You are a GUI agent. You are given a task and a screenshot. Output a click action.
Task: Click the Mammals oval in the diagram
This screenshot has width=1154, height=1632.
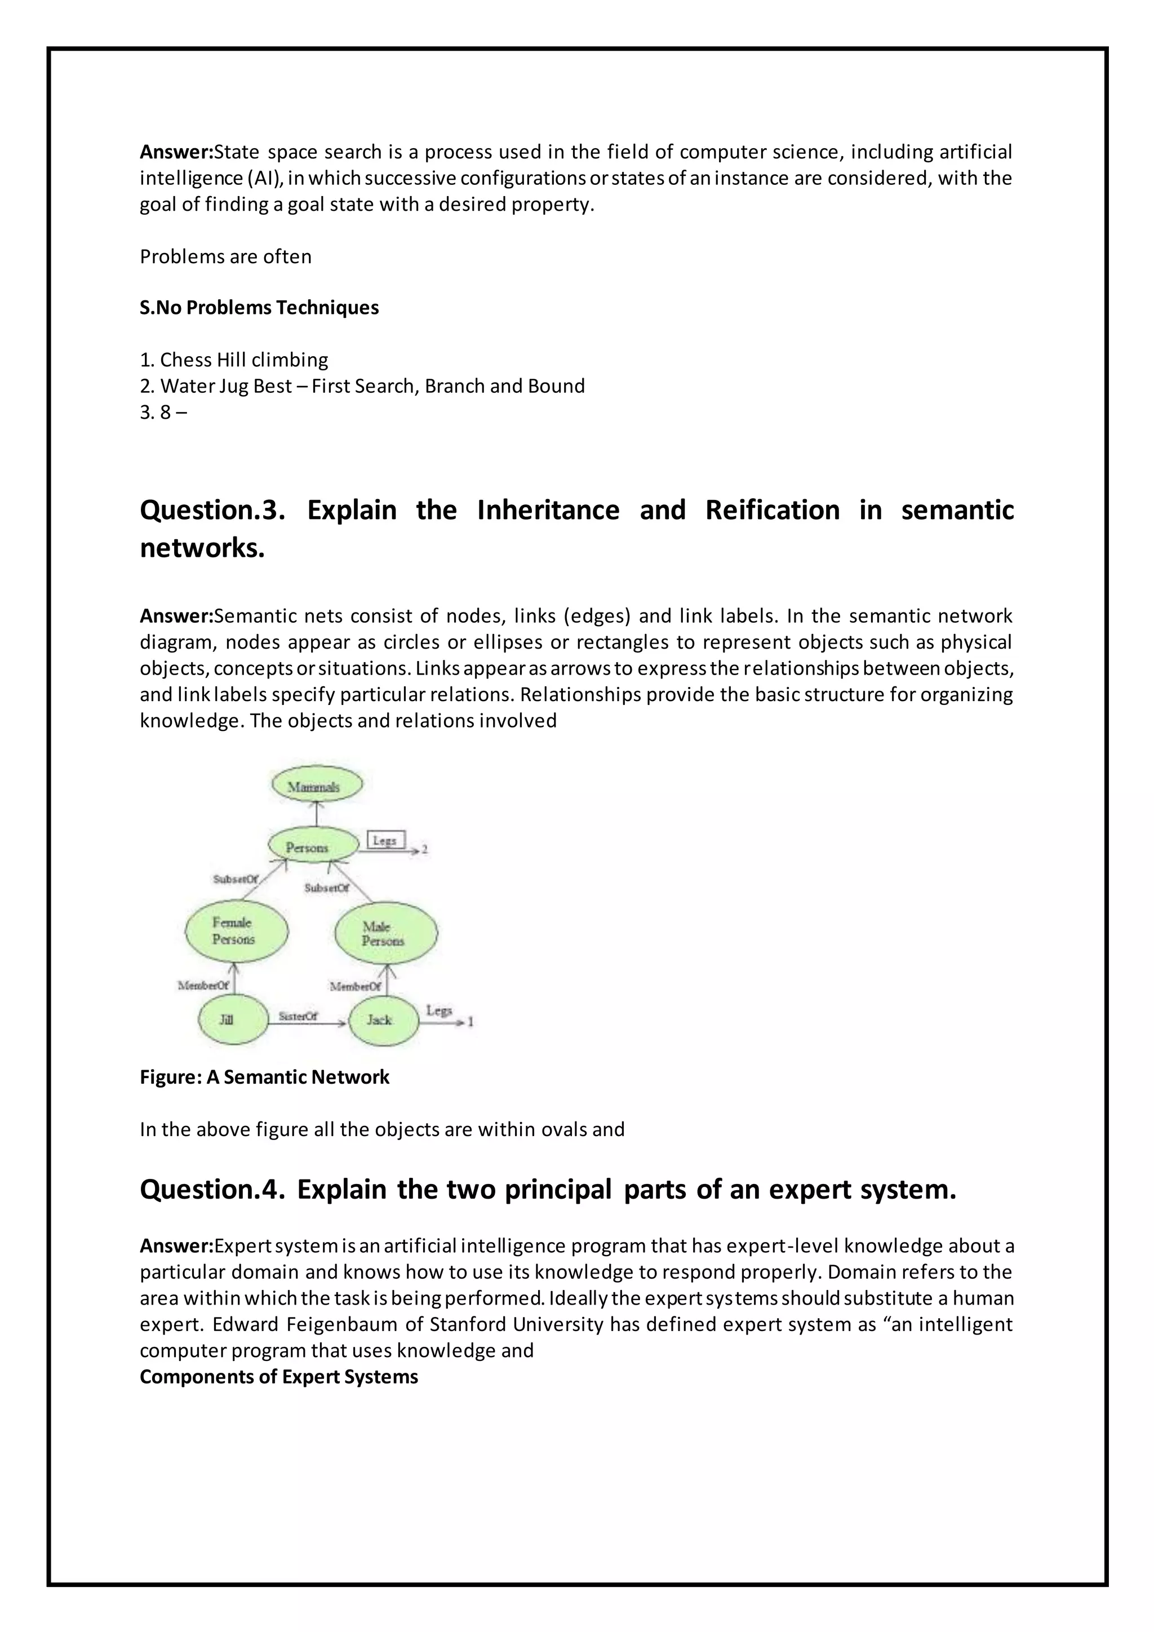(x=317, y=786)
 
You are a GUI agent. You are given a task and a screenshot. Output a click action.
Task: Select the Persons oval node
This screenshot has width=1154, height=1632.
(x=313, y=846)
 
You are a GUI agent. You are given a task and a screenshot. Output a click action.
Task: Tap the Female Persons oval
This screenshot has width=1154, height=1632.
(x=237, y=931)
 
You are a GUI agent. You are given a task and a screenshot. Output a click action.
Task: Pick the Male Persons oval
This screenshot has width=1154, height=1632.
(x=386, y=933)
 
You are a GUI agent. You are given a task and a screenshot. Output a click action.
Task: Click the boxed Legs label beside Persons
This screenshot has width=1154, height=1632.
(x=386, y=840)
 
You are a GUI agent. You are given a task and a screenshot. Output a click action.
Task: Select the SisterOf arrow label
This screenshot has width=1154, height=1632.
(x=298, y=1017)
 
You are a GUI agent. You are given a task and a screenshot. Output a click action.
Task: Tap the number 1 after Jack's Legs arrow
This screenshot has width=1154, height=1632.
(x=471, y=1022)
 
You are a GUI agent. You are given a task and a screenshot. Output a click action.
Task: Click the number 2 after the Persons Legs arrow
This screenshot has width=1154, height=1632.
(x=424, y=849)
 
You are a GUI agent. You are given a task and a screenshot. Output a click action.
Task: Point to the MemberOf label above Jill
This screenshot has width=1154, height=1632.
(x=203, y=985)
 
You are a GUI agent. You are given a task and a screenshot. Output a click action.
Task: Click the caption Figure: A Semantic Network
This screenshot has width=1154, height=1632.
(x=264, y=1077)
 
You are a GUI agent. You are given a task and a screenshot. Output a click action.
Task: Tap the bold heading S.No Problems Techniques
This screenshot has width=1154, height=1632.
(x=259, y=308)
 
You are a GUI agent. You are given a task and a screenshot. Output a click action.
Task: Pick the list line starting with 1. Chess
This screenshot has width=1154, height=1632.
(x=234, y=360)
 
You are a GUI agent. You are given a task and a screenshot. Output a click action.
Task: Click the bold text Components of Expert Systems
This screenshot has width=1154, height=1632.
(x=278, y=1377)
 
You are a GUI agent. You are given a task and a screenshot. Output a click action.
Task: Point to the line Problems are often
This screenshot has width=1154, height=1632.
(x=225, y=256)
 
